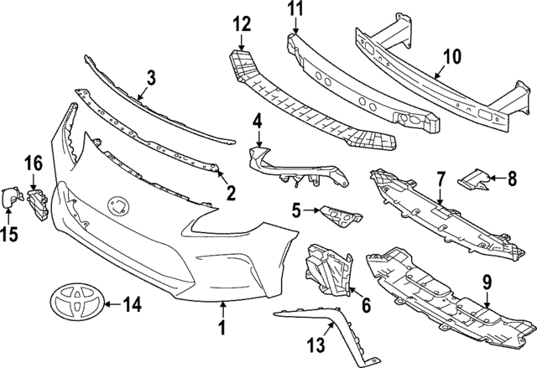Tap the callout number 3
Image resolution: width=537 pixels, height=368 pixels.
tap(150, 79)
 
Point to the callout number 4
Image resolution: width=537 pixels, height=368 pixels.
tap(258, 123)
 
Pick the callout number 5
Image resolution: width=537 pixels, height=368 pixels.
tap(297, 208)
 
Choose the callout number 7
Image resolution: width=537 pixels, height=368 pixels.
tap(441, 179)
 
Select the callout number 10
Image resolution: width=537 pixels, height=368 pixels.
tap(452, 57)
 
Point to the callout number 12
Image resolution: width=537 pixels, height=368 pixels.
tap(242, 23)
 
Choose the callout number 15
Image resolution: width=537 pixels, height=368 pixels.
tap(11, 235)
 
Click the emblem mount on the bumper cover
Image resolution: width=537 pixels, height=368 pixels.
tap(116, 204)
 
